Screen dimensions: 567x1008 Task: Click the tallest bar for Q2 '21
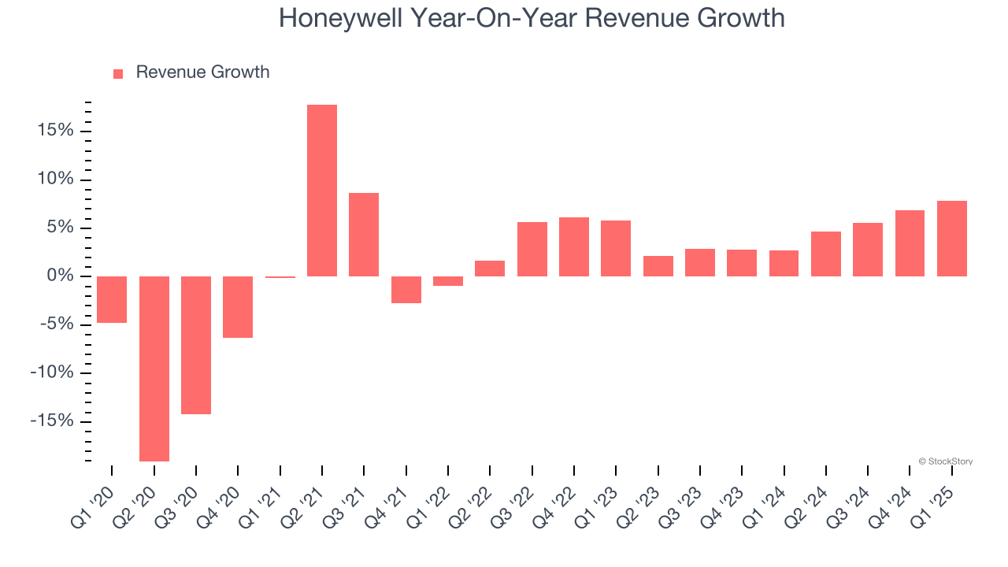pyautogui.click(x=322, y=191)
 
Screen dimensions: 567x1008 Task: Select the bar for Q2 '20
pyautogui.click(x=154, y=369)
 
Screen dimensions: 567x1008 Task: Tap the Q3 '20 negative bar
pyautogui.click(x=196, y=345)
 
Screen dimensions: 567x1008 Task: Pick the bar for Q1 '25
pyautogui.click(x=952, y=239)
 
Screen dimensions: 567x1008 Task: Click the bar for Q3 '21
pyautogui.click(x=364, y=235)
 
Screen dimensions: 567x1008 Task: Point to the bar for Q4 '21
pyautogui.click(x=406, y=290)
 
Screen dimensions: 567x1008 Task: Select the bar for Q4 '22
pyautogui.click(x=574, y=246)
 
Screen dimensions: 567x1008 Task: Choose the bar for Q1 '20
pyautogui.click(x=112, y=299)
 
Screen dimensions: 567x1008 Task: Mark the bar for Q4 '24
pyautogui.click(x=910, y=243)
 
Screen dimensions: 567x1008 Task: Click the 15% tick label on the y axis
pyautogui.click(x=55, y=131)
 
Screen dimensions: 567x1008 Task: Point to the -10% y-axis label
pyautogui.click(x=52, y=372)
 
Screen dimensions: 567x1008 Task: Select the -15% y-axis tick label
pyautogui.click(x=52, y=421)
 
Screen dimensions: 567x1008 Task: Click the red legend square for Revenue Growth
pyautogui.click(x=118, y=73)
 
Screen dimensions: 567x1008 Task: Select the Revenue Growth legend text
pyautogui.click(x=202, y=72)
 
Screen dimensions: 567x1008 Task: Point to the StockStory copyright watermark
pyautogui.click(x=945, y=461)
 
